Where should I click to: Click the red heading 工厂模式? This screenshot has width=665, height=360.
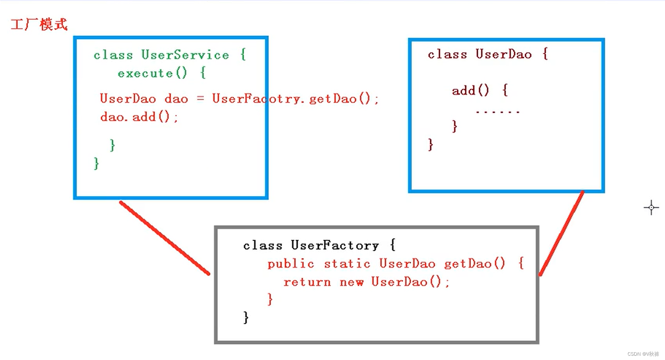pos(39,25)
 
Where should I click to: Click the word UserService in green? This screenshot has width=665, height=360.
pos(185,55)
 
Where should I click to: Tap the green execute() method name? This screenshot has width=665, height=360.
pos(152,73)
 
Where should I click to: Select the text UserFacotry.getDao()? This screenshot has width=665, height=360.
pos(295,99)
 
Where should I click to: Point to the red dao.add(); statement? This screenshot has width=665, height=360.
pos(139,117)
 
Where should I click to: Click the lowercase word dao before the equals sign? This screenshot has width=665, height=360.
pos(176,99)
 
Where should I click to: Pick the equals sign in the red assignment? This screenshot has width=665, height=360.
pos(200,99)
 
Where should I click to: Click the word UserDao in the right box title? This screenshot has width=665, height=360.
pos(503,54)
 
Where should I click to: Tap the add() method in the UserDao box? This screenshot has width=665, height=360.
pos(470,91)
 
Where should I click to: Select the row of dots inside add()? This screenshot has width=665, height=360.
pos(498,112)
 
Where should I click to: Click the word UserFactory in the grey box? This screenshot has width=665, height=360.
pos(335,245)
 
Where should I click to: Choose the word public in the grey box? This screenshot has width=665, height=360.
pos(290,264)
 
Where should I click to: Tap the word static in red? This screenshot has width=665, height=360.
pos(347,264)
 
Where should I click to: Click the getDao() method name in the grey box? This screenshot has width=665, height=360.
pos(475,264)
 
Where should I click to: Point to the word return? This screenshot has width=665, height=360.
pos(307,282)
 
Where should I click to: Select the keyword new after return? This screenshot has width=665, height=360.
pos(351,282)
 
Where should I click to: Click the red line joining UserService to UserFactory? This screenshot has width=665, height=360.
pos(164,237)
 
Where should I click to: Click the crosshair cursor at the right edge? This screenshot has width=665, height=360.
pos(651,207)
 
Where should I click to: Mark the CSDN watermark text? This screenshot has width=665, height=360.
pos(643,354)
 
